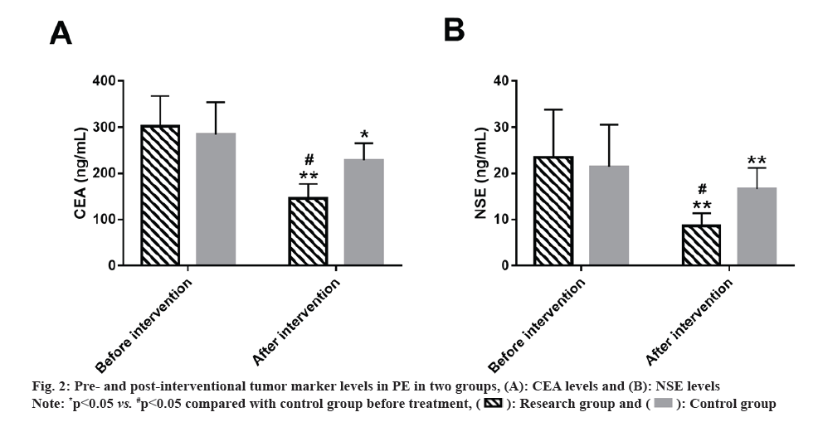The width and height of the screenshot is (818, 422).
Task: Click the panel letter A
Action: [x=60, y=32]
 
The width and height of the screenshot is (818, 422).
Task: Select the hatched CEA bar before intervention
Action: [x=160, y=196]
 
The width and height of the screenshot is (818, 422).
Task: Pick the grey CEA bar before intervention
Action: [x=216, y=199]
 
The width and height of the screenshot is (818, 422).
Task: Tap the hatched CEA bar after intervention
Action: [x=308, y=231]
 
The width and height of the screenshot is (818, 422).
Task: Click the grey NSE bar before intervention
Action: [x=609, y=216]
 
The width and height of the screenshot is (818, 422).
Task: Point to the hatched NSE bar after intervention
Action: [x=701, y=245]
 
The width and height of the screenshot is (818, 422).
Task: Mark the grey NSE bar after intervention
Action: [x=757, y=226]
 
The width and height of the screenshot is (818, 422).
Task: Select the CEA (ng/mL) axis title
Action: [x=80, y=173]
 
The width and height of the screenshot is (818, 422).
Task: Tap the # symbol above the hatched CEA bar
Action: [x=308, y=160]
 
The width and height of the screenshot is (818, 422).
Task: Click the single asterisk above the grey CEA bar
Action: [x=363, y=135]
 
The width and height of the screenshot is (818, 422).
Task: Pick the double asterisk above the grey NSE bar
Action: [x=757, y=160]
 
